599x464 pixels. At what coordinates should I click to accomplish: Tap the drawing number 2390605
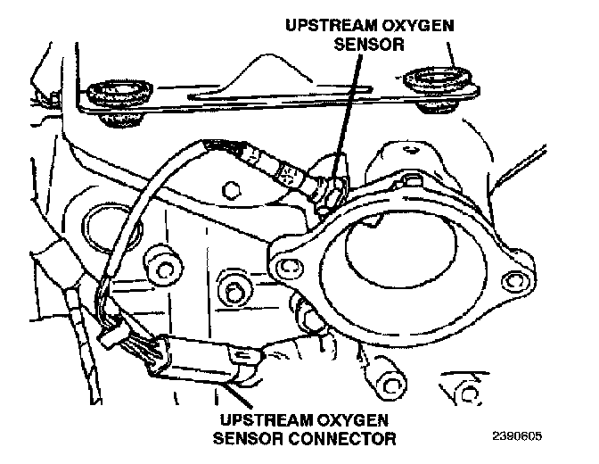coord(517,436)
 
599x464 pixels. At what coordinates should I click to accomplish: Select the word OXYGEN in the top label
coord(417,26)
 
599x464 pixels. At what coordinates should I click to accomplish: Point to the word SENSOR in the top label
coord(369,44)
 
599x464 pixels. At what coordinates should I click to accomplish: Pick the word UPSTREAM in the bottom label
coord(267,420)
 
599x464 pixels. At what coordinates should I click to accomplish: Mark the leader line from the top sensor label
coord(346,115)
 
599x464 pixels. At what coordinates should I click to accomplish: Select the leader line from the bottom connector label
coord(238,395)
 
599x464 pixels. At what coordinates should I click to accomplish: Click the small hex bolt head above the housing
coord(230,190)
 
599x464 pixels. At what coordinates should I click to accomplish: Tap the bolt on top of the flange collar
coord(411,178)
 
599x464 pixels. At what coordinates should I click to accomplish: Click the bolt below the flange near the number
coord(390,385)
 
